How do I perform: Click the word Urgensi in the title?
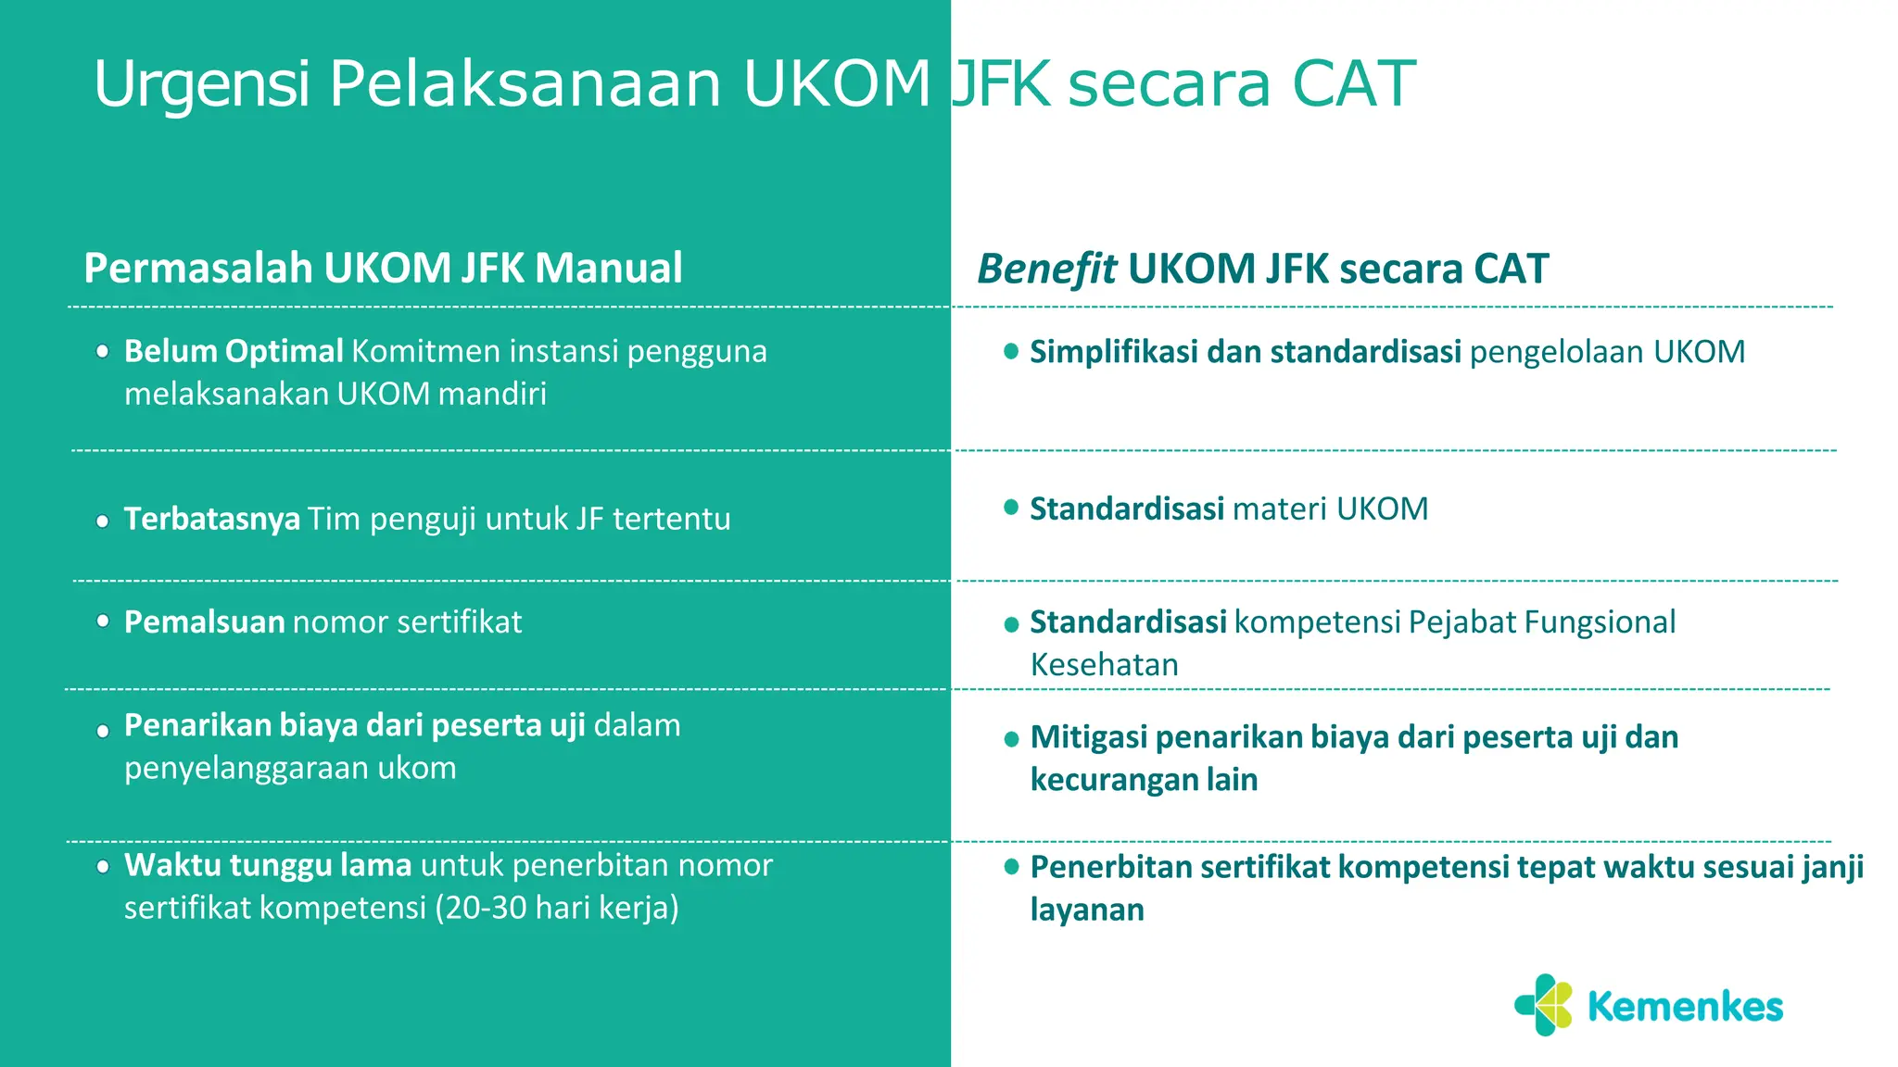[201, 84]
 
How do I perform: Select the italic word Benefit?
[1046, 270]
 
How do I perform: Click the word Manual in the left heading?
[609, 268]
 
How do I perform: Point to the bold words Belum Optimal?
[234, 351]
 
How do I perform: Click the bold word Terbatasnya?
[211, 519]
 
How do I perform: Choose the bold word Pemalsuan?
[204, 621]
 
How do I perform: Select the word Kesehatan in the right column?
[1104, 665]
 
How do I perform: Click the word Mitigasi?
[1089, 737]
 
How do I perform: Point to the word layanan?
[1087, 910]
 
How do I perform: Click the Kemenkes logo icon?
[1544, 1005]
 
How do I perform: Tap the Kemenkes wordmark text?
[1685, 1007]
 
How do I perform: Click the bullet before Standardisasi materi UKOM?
[1011, 508]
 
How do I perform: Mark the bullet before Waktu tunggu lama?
[103, 868]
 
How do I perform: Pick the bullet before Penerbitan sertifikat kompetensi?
[1011, 867]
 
